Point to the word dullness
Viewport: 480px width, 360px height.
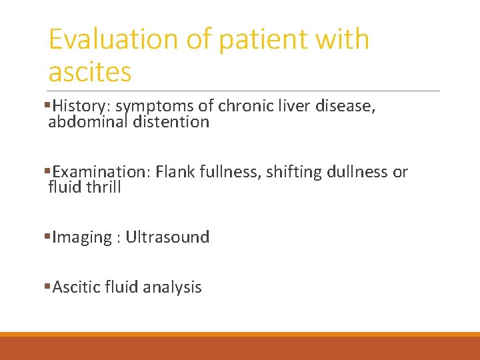click(357, 172)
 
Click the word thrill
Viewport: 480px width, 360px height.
click(103, 187)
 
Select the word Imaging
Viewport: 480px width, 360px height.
click(82, 237)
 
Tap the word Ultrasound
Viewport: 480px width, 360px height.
click(167, 237)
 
